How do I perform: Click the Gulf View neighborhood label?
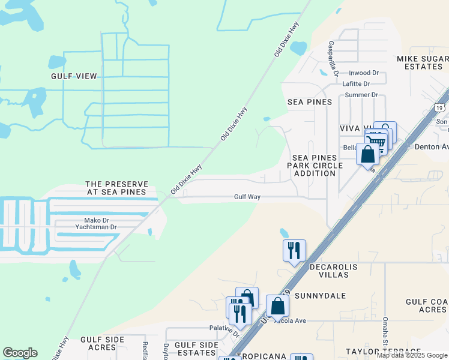tap(74, 76)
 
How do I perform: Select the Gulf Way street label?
tap(247, 197)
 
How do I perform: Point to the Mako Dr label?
tap(88, 220)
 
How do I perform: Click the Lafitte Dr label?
tap(356, 84)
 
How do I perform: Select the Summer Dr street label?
tap(361, 95)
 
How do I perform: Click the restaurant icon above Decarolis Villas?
tap(294, 249)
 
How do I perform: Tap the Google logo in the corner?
tap(20, 353)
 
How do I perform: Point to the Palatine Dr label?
tap(224, 329)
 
